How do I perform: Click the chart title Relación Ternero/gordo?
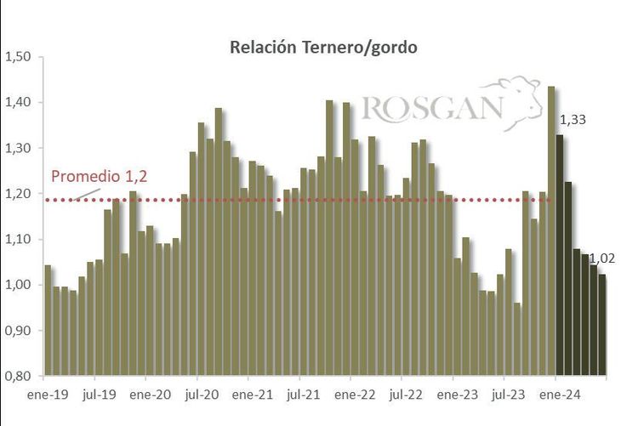pos(323,48)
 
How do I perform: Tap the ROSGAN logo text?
pos(432,109)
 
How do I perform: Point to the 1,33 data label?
pos(572,120)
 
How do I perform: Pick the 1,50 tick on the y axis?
pos(18,57)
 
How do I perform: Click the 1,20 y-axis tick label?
pos(18,194)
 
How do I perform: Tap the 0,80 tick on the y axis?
pos(18,376)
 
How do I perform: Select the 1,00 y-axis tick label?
pos(18,285)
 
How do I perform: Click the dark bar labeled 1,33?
pos(560,255)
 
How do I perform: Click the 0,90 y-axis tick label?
pos(18,331)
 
